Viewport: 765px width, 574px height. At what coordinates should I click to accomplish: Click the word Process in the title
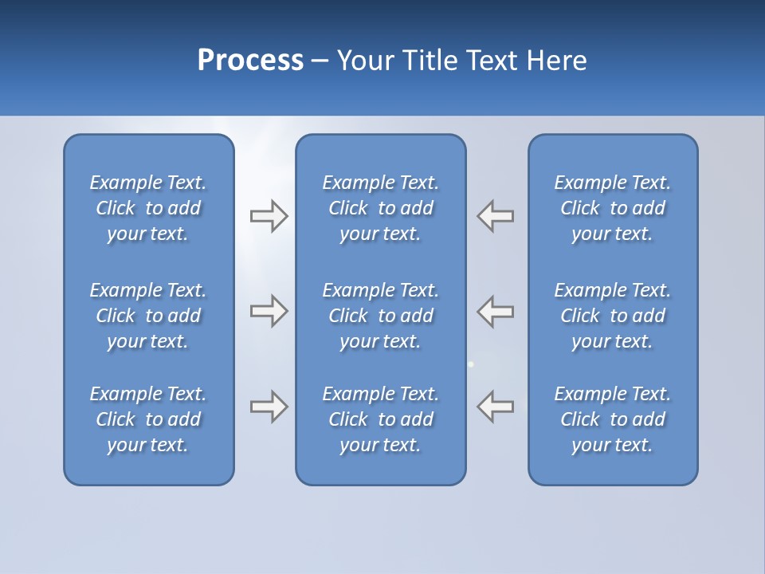click(250, 61)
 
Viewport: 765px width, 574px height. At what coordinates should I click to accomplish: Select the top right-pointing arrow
click(269, 216)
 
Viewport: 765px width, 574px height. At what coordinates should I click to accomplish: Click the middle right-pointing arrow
click(269, 311)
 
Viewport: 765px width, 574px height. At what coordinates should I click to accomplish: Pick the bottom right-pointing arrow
click(269, 407)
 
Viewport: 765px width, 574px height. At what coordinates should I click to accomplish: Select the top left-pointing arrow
click(496, 216)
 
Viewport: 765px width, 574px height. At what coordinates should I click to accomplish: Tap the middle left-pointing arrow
click(496, 311)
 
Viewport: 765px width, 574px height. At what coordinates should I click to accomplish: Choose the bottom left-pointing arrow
click(496, 407)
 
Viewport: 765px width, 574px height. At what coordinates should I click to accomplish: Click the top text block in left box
click(148, 208)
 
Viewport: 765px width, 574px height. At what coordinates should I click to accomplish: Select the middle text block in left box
click(148, 316)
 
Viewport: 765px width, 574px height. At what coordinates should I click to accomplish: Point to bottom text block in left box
click(148, 419)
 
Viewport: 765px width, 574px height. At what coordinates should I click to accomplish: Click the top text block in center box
click(380, 208)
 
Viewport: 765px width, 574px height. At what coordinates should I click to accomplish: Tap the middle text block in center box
click(380, 316)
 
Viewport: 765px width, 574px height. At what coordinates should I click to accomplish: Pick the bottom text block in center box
click(380, 419)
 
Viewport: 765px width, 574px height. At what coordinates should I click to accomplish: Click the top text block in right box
click(612, 208)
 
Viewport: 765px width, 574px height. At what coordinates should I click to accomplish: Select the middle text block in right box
click(612, 316)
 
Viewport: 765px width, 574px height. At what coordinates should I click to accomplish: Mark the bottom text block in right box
click(612, 419)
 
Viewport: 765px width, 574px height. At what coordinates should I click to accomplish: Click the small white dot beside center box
click(471, 364)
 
